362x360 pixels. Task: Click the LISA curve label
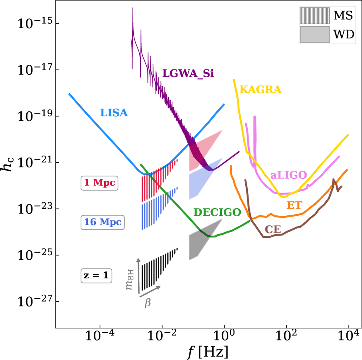114,113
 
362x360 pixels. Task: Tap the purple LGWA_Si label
188,73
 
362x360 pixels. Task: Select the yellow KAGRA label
260,89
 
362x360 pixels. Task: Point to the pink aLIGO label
288,175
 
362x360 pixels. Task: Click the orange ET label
294,205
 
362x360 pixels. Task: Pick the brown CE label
273,230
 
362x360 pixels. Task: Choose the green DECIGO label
217,212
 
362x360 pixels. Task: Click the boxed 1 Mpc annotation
100,183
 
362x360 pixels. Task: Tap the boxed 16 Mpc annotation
103,222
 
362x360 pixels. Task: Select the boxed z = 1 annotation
96,275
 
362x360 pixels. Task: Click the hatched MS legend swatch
315,16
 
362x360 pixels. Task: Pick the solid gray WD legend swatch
315,34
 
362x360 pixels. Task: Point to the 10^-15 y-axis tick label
34,23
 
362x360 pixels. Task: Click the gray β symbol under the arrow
148,303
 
